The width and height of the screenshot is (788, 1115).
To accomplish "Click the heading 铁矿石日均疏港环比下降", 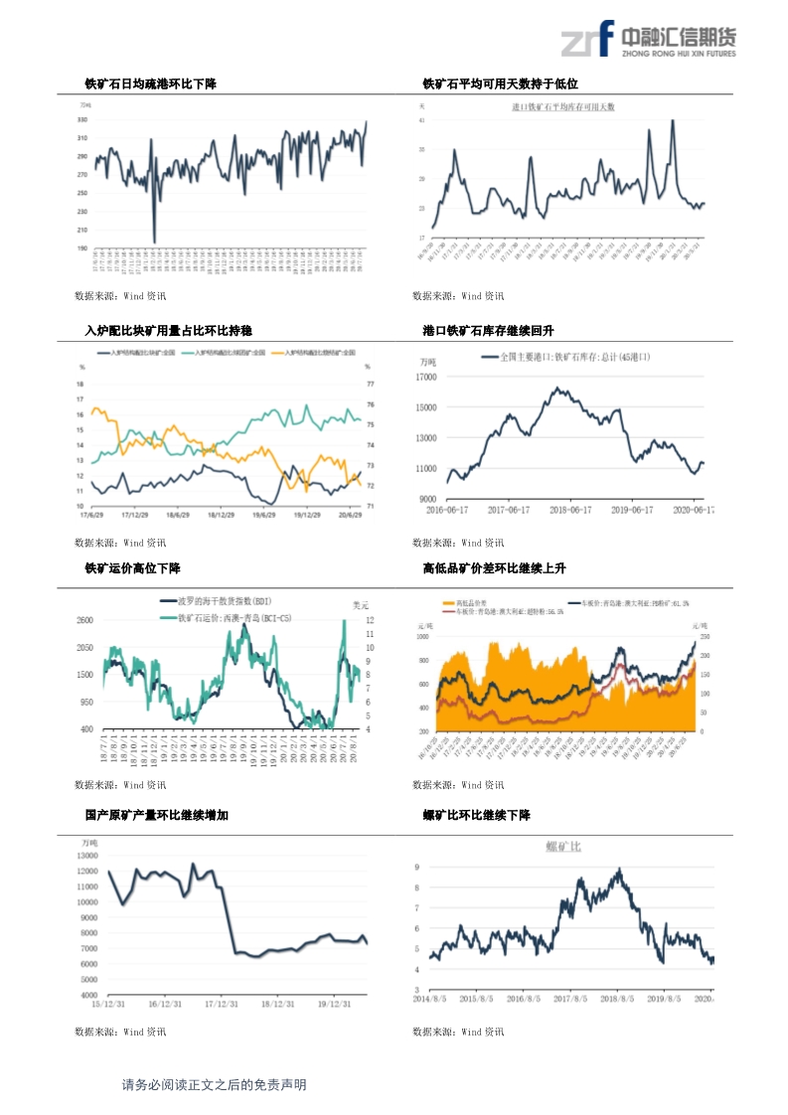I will click(x=150, y=85).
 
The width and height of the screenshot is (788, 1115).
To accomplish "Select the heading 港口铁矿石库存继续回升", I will click(x=488, y=330).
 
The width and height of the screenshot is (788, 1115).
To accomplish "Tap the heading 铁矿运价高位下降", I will click(x=132, y=568).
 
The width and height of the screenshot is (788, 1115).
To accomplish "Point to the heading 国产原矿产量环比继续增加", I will click(x=156, y=815).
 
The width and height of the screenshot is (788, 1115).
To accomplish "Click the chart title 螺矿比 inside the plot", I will click(x=563, y=846).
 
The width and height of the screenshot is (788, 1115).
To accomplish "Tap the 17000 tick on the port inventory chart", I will click(x=425, y=377).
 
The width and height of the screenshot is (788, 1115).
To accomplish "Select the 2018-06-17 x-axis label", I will click(x=563, y=510).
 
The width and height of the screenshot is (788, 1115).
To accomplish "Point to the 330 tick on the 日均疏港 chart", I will click(x=81, y=119).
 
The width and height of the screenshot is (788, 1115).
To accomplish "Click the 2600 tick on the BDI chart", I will click(x=84, y=620).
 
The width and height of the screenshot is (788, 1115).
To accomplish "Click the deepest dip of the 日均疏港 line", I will click(x=154, y=241).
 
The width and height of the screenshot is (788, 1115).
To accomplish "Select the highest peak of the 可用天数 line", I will click(x=673, y=120).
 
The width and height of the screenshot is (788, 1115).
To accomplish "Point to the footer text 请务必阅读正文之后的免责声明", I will click(x=214, y=1085).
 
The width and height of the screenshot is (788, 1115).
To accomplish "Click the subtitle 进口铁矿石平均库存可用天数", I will click(x=563, y=105).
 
